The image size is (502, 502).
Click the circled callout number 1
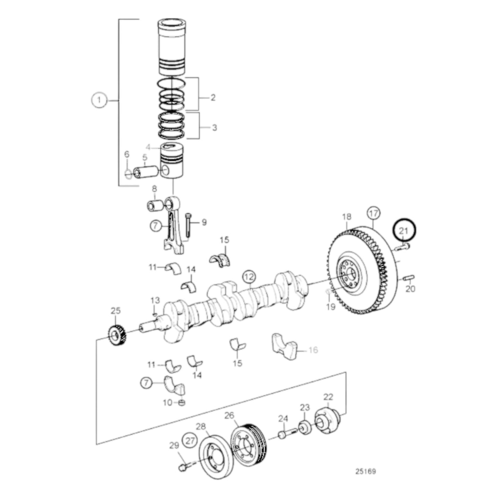tap(99, 100)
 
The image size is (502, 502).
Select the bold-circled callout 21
tap(404, 230)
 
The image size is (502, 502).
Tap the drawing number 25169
tap(365, 471)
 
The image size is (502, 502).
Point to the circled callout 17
tap(373, 213)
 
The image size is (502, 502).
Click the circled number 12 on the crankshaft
tap(249, 277)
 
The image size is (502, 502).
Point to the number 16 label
tap(313, 350)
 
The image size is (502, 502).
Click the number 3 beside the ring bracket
tap(214, 127)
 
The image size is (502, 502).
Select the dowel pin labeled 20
tap(409, 278)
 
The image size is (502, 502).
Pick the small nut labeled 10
tap(181, 403)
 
